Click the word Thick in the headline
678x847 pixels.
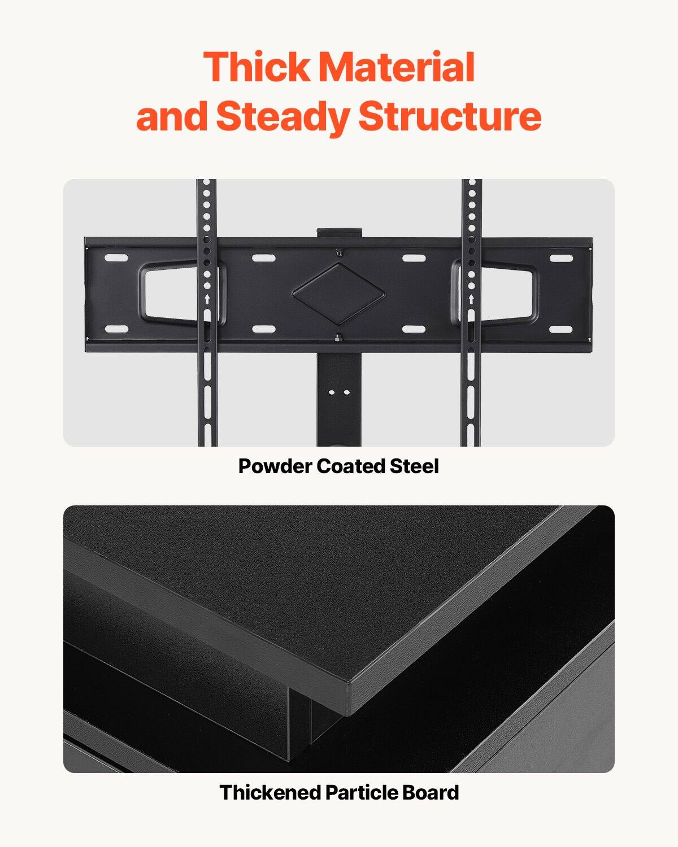[x=257, y=67]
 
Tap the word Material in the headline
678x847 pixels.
[x=397, y=67]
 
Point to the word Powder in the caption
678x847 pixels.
[x=275, y=466]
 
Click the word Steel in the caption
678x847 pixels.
[x=414, y=466]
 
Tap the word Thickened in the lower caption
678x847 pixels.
[x=270, y=792]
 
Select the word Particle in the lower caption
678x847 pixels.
[x=362, y=792]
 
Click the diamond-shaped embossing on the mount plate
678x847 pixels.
[x=339, y=293]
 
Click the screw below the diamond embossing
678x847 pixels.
[x=338, y=338]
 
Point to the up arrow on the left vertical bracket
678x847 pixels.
[x=207, y=299]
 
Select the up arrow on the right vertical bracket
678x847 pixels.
[x=471, y=299]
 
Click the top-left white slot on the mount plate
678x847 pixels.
[x=116, y=258]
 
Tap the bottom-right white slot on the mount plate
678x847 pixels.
[x=560, y=329]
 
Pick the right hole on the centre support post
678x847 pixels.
[x=345, y=391]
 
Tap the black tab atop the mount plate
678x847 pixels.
[x=339, y=232]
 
